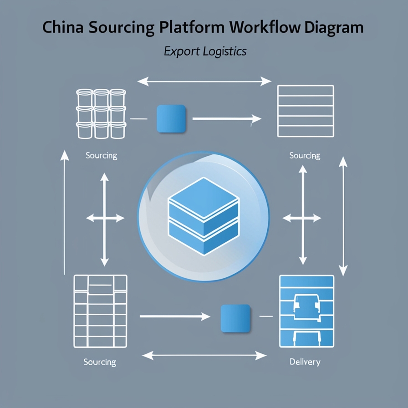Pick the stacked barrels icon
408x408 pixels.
[x=101, y=114]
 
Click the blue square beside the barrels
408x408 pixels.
[x=171, y=119]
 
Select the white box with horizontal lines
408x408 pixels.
[x=306, y=111]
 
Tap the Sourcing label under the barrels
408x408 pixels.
[x=101, y=156]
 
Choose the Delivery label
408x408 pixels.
[x=305, y=362]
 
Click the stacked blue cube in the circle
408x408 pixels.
[x=203, y=215]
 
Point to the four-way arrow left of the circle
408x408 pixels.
[x=105, y=219]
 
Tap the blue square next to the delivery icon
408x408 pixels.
[x=235, y=318]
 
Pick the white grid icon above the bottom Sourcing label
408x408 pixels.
[x=101, y=311]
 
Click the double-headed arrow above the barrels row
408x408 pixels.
[x=204, y=82]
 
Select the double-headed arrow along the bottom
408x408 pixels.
[x=204, y=355]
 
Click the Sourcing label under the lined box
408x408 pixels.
[x=305, y=156]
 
